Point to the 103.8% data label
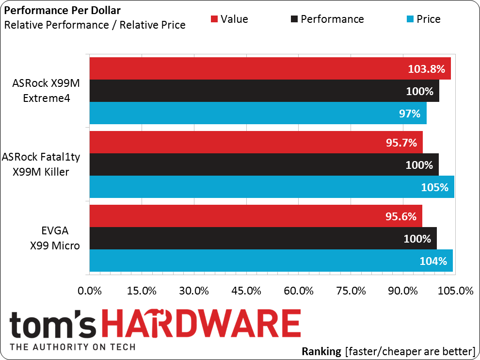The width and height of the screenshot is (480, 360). [x=426, y=69]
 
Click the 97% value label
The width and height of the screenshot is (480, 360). [x=410, y=114]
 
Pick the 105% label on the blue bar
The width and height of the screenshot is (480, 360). [x=434, y=187]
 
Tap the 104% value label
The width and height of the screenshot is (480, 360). [x=433, y=261]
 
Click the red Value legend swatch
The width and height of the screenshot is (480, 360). [x=214, y=19]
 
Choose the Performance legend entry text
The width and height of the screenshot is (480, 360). [x=332, y=19]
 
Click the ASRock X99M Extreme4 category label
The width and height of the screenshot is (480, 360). [x=46, y=91]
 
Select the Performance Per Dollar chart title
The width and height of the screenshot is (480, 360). [x=62, y=10]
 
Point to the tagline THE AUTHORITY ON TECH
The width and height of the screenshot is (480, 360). [x=73, y=347]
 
